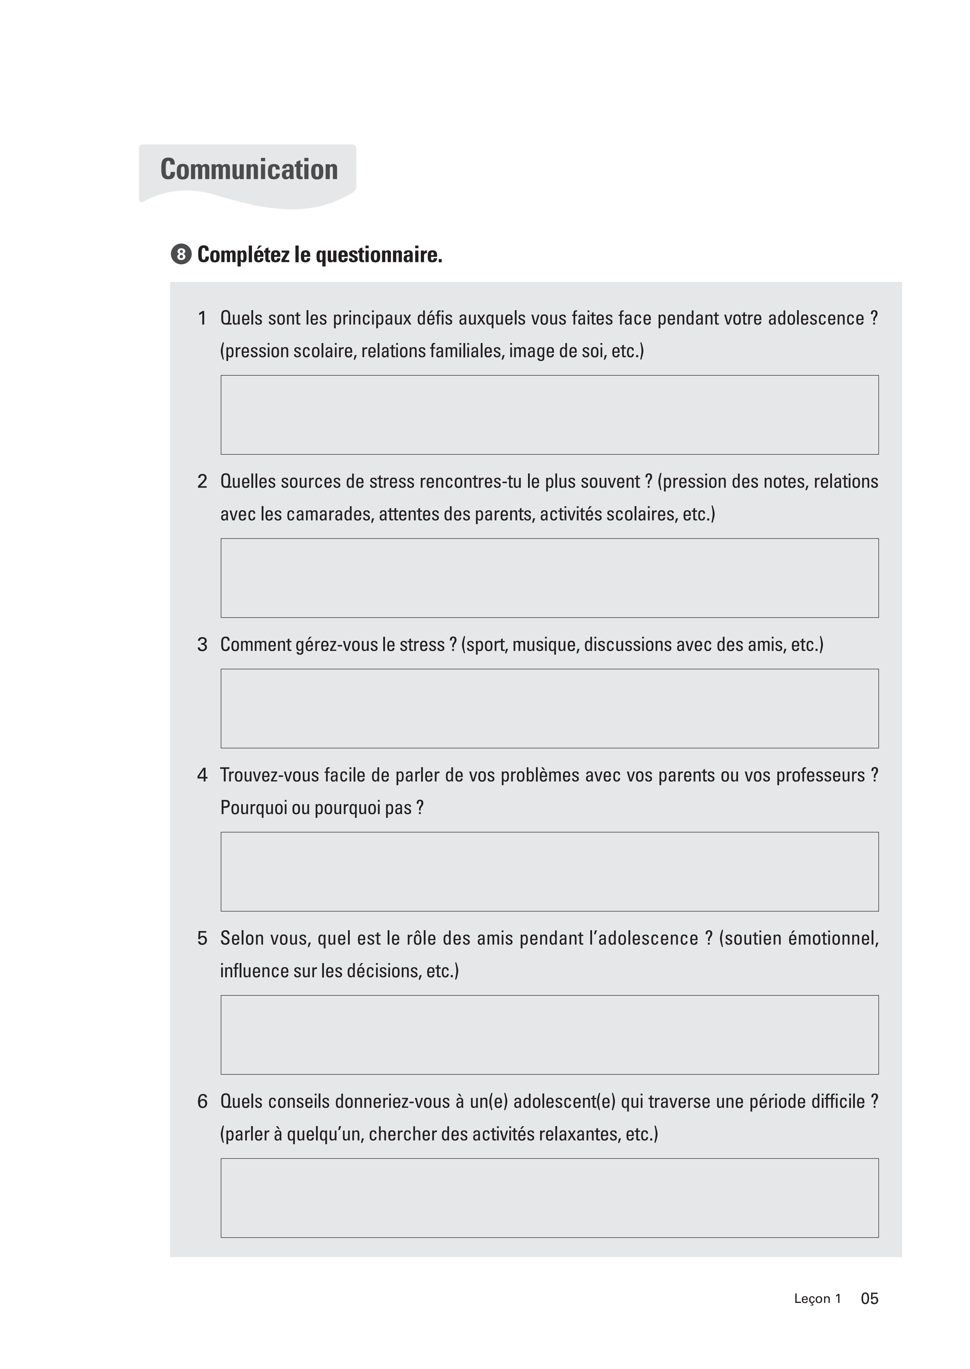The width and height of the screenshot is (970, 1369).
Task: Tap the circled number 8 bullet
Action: point(181,255)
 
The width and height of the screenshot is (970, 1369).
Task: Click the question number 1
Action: point(202,318)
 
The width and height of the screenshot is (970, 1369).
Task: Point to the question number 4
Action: point(202,775)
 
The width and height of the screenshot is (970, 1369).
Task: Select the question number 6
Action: point(202,1101)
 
